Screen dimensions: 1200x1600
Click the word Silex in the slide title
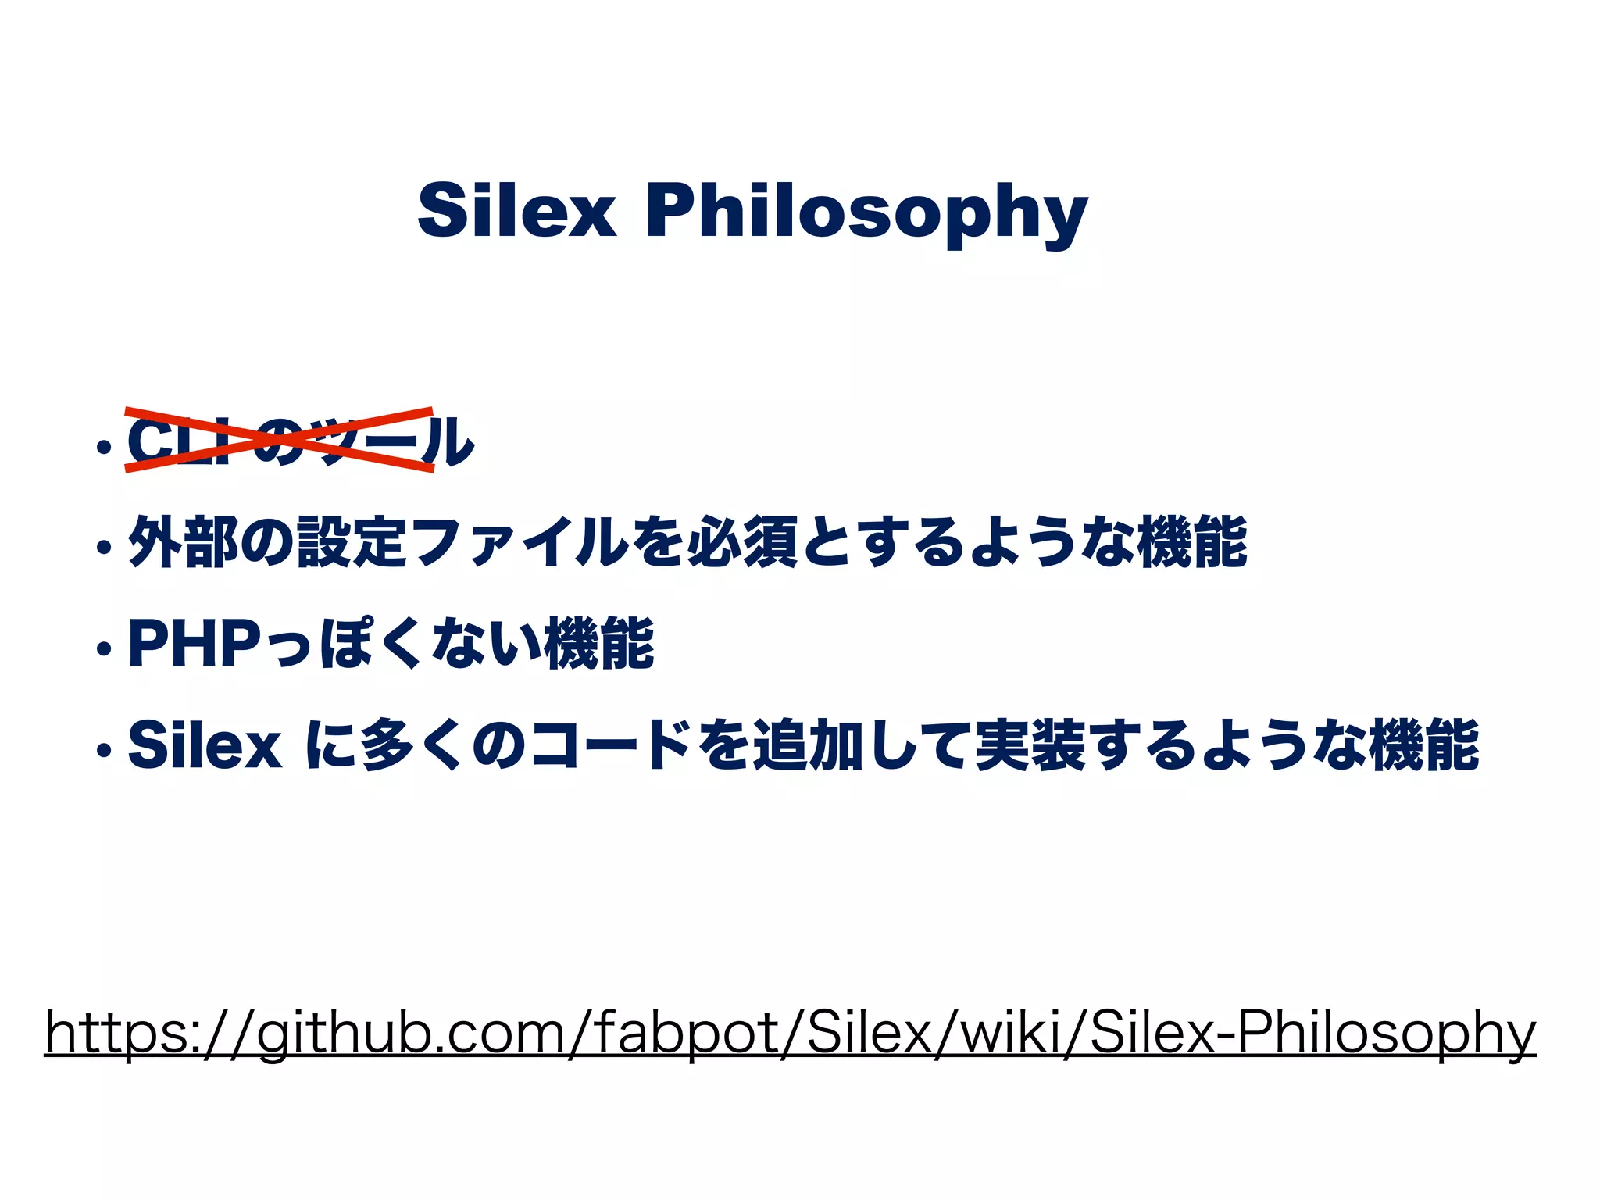tap(516, 210)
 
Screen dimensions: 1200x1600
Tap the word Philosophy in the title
tap(866, 212)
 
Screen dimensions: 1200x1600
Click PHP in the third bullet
tap(195, 643)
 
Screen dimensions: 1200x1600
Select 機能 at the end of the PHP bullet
tap(599, 643)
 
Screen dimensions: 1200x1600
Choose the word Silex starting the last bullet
tap(205, 745)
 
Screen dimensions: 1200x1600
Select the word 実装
tap(1030, 745)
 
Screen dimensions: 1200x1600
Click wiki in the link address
tap(1000, 1033)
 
